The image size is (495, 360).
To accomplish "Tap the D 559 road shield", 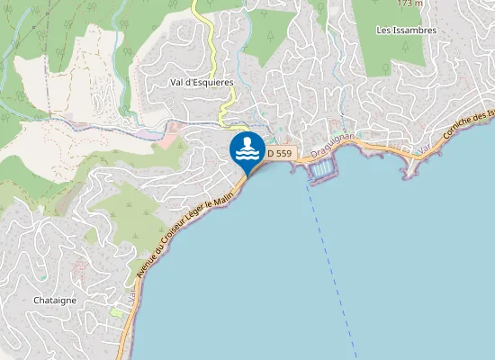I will click(x=279, y=154).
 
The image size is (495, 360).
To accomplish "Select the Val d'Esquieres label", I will click(x=202, y=82).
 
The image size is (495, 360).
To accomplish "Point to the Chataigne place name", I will click(x=54, y=300).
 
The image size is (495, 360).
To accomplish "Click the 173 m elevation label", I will click(x=409, y=4).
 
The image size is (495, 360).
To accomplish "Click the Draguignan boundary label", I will click(x=332, y=144).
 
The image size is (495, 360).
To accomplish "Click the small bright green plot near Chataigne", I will click(x=116, y=311).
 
